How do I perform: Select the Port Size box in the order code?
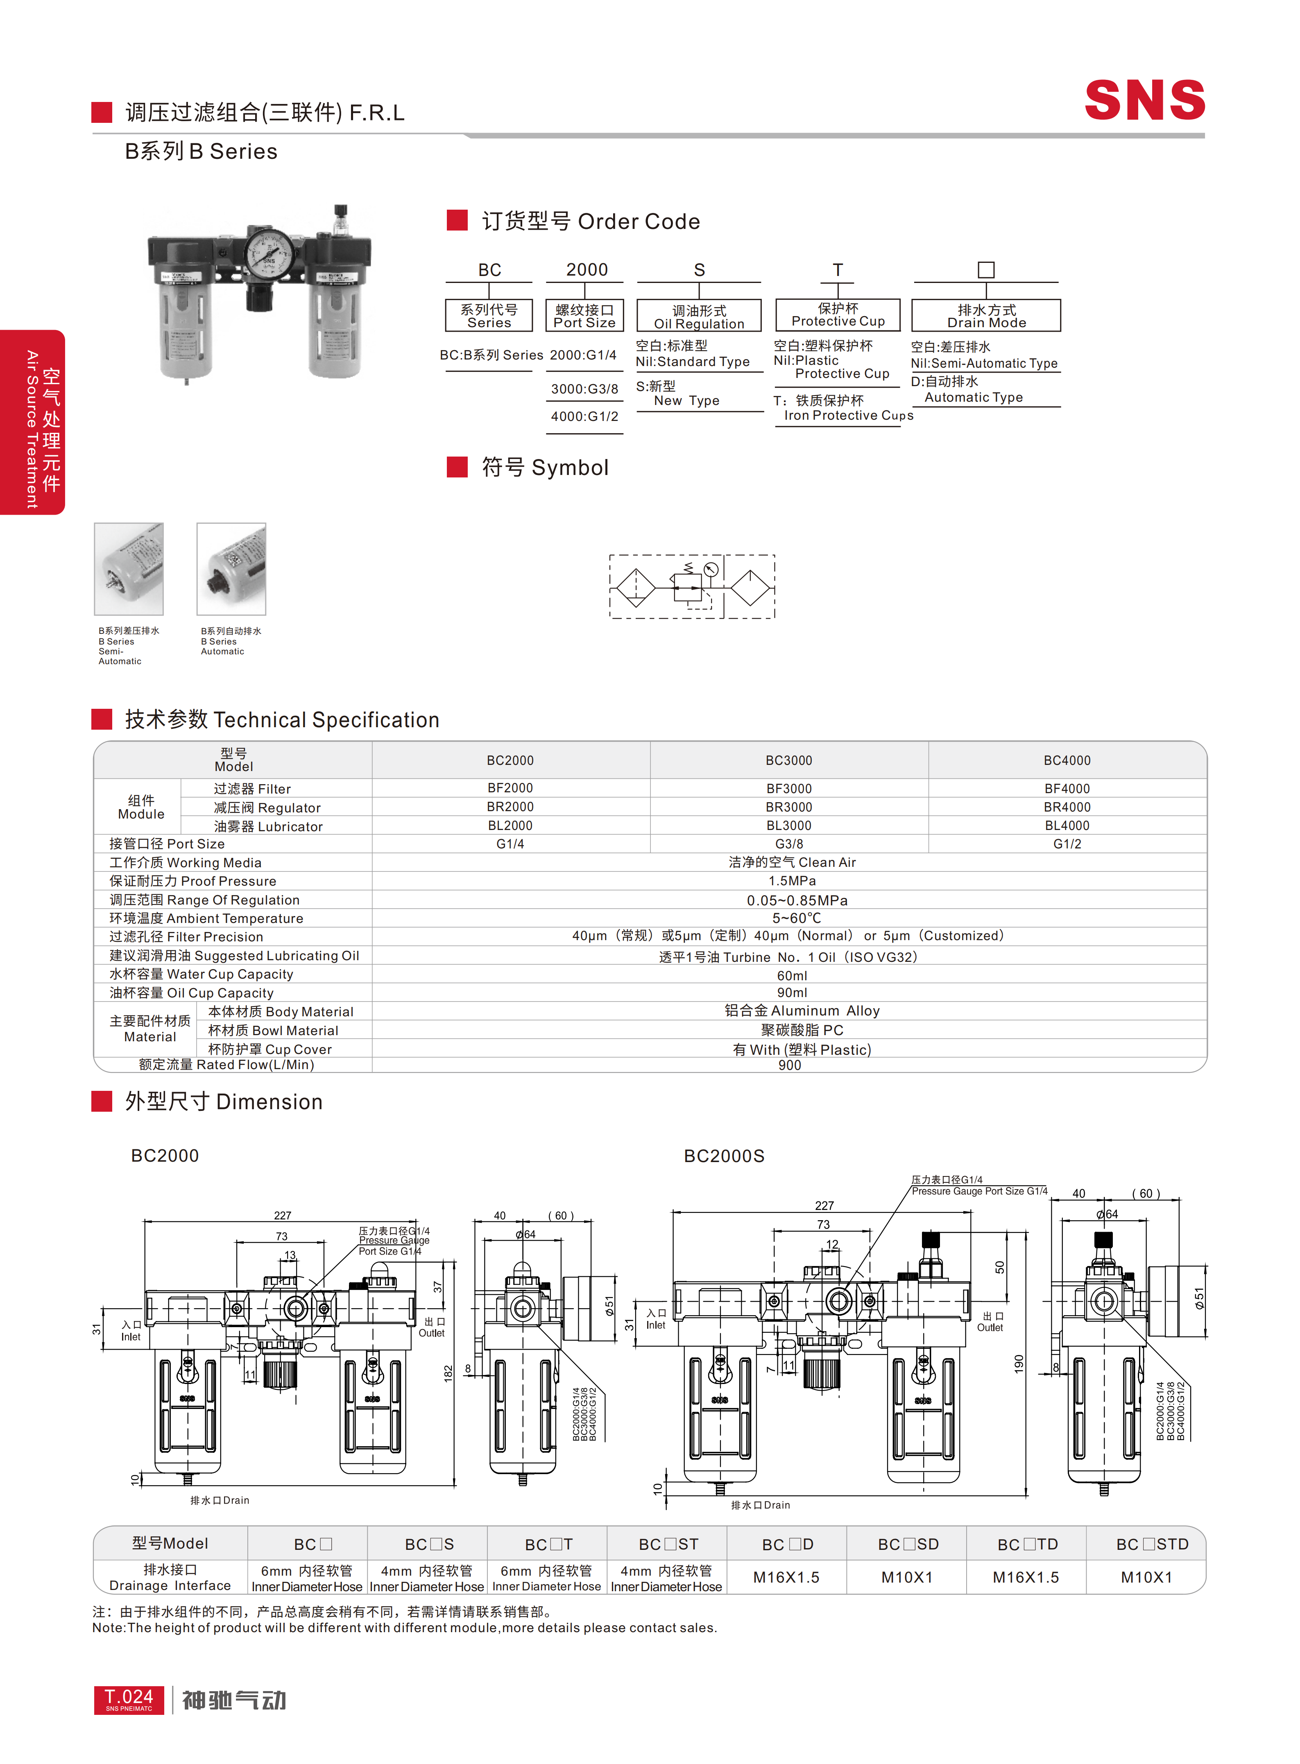coord(585,316)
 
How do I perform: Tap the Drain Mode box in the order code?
coord(986,316)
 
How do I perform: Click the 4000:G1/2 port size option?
coord(585,416)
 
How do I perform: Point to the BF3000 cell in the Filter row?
coord(789,788)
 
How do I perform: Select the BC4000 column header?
coord(1067,760)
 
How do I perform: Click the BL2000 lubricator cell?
coord(510,825)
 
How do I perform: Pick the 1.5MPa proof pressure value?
coord(792,880)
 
